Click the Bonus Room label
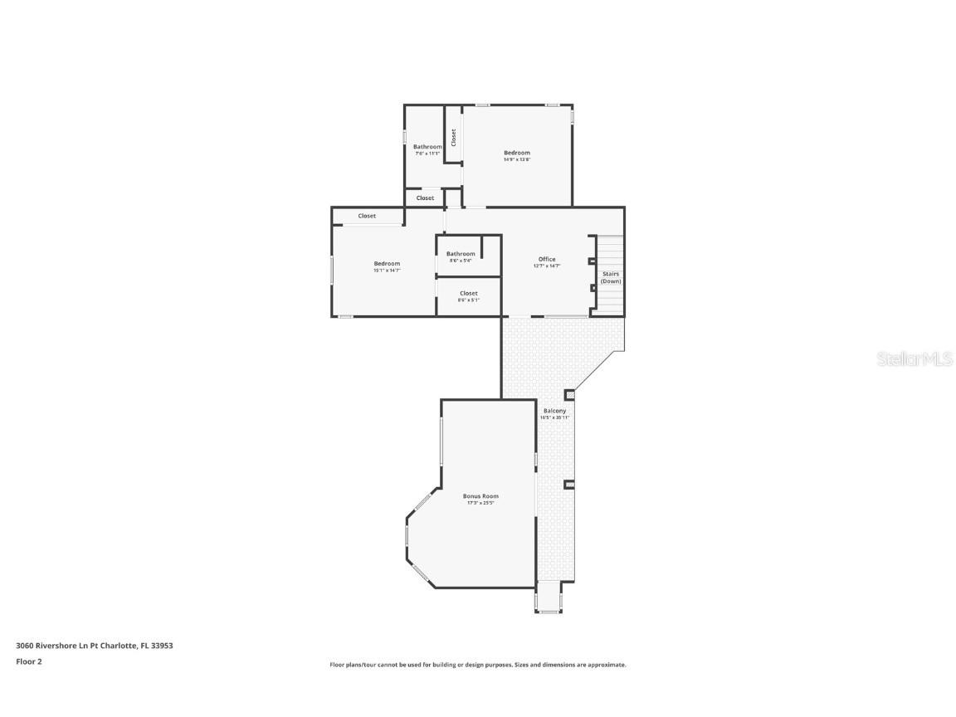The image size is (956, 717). (x=480, y=496)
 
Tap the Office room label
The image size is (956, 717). (x=547, y=259)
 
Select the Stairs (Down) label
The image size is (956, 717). (x=611, y=277)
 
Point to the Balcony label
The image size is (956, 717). (x=554, y=411)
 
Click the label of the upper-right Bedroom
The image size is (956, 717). (x=516, y=153)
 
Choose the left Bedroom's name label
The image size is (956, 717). (x=387, y=264)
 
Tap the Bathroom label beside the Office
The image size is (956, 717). (x=461, y=254)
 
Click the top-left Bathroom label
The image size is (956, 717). (x=427, y=147)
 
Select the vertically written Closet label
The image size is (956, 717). (x=453, y=138)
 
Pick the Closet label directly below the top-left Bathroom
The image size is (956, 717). (x=425, y=198)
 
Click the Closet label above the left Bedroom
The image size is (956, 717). (x=367, y=216)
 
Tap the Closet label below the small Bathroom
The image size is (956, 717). (x=468, y=293)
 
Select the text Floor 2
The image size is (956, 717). (x=28, y=661)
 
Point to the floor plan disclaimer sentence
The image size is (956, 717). (x=477, y=665)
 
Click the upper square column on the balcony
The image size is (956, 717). (x=569, y=395)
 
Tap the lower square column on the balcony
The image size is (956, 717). (x=569, y=485)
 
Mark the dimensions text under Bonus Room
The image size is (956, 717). (x=480, y=503)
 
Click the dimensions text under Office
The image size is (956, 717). (x=547, y=266)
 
